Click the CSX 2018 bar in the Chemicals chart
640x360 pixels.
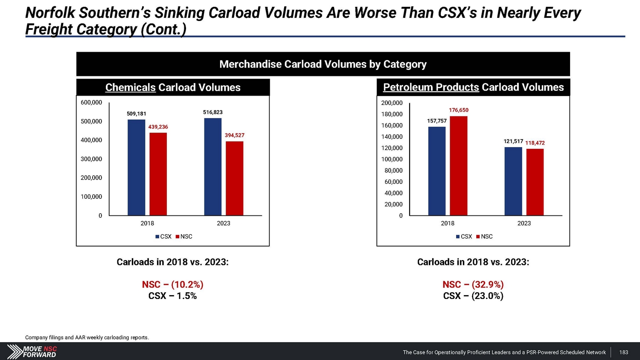coord(136,167)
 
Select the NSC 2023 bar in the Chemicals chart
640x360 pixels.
coord(234,178)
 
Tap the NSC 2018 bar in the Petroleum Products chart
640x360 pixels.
coord(459,165)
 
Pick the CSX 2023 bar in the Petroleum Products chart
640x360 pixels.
coord(513,181)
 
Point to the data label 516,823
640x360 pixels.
coord(213,112)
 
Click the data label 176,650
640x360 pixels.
coord(459,110)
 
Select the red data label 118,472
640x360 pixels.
coord(535,143)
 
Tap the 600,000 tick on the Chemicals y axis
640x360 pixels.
coord(91,102)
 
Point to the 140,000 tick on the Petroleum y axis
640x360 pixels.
coord(392,136)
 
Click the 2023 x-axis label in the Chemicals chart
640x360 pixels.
coord(224,223)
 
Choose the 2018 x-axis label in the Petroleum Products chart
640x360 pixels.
coord(448,223)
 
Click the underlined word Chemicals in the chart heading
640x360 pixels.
coord(130,87)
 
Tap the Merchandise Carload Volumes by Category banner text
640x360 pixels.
coord(323,64)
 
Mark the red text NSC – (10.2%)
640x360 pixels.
coord(172,285)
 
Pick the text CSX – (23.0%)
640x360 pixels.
coord(473,296)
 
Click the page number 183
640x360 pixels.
coord(624,352)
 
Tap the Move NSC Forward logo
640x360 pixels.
coord(32,351)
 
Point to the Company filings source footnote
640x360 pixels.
coord(87,337)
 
